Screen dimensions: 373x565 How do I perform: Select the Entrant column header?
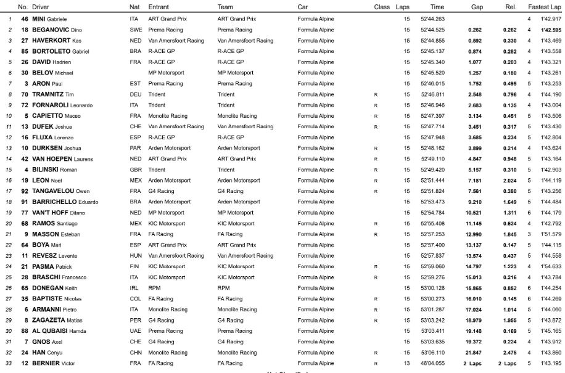pos(159,7)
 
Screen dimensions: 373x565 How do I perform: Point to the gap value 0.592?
pos(474,40)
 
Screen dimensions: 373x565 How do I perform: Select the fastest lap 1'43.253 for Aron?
pos(551,83)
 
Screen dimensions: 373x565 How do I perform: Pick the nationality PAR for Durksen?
pos(135,148)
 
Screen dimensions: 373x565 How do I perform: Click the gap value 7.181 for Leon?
pos(474,180)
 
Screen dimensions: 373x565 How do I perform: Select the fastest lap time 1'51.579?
pos(551,234)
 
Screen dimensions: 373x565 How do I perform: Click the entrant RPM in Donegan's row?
pos(154,288)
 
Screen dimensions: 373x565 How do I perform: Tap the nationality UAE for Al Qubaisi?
pos(135,331)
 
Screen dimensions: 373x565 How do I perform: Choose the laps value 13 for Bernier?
pos(406,363)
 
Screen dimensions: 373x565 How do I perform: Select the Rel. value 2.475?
pos(509,353)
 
